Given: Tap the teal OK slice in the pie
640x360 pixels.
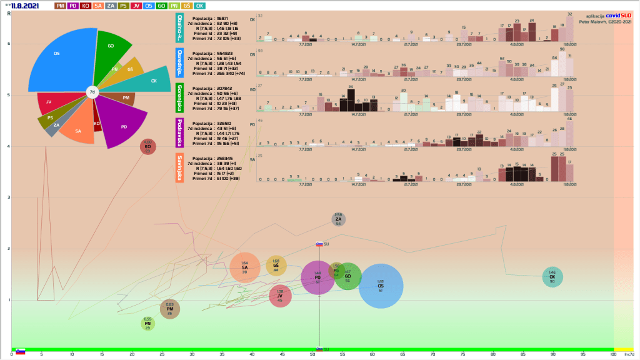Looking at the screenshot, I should (x=150, y=80).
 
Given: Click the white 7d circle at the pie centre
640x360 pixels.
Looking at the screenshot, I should (x=92, y=92).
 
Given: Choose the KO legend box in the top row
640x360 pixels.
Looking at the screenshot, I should (x=86, y=6).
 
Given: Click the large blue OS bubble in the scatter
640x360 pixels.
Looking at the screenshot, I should (x=381, y=286).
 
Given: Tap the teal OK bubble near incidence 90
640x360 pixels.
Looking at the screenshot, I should (x=552, y=277).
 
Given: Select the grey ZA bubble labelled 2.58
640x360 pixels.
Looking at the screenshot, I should (x=338, y=219).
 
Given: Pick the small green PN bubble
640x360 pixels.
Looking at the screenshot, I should (x=147, y=323).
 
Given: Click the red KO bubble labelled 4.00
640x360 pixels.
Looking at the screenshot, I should (x=148, y=147).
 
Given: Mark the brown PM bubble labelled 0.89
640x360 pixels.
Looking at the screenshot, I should (x=170, y=309).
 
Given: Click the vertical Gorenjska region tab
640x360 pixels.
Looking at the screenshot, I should (x=180, y=98).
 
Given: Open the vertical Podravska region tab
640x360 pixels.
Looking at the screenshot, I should (x=180, y=132).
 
